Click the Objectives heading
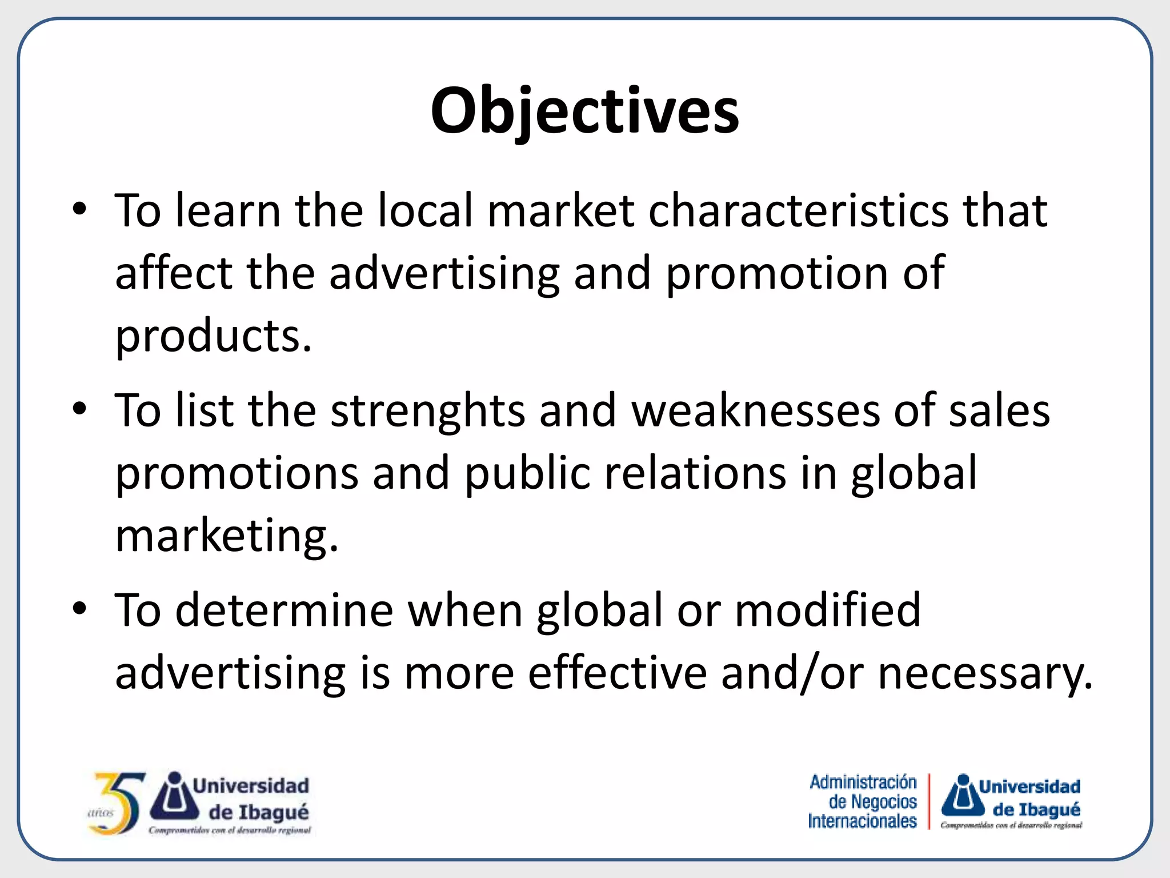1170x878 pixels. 584,111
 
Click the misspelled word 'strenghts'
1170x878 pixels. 427,410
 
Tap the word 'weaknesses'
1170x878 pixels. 755,410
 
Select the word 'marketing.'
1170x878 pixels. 227,536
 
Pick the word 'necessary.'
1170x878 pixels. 985,673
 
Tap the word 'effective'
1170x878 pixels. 617,673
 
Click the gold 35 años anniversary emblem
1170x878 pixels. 116,803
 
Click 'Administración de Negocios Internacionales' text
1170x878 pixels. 863,801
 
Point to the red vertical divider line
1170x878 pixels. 929,801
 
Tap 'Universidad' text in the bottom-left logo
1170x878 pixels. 251,785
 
